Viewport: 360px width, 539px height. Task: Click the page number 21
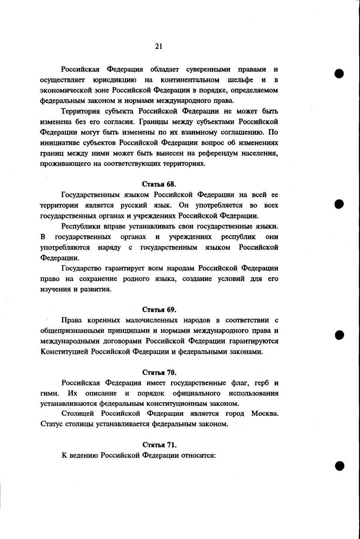pos(159,46)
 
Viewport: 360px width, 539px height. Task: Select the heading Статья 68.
pos(159,184)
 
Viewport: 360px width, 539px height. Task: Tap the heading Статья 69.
pos(159,309)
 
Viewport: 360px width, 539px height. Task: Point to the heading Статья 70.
pos(159,372)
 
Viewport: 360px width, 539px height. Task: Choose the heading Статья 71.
pos(159,445)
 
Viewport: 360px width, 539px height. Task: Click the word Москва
pos(265,413)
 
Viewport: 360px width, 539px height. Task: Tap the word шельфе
pos(240,80)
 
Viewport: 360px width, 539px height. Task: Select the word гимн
pos(50,393)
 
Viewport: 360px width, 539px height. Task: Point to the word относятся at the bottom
pos(198,455)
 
